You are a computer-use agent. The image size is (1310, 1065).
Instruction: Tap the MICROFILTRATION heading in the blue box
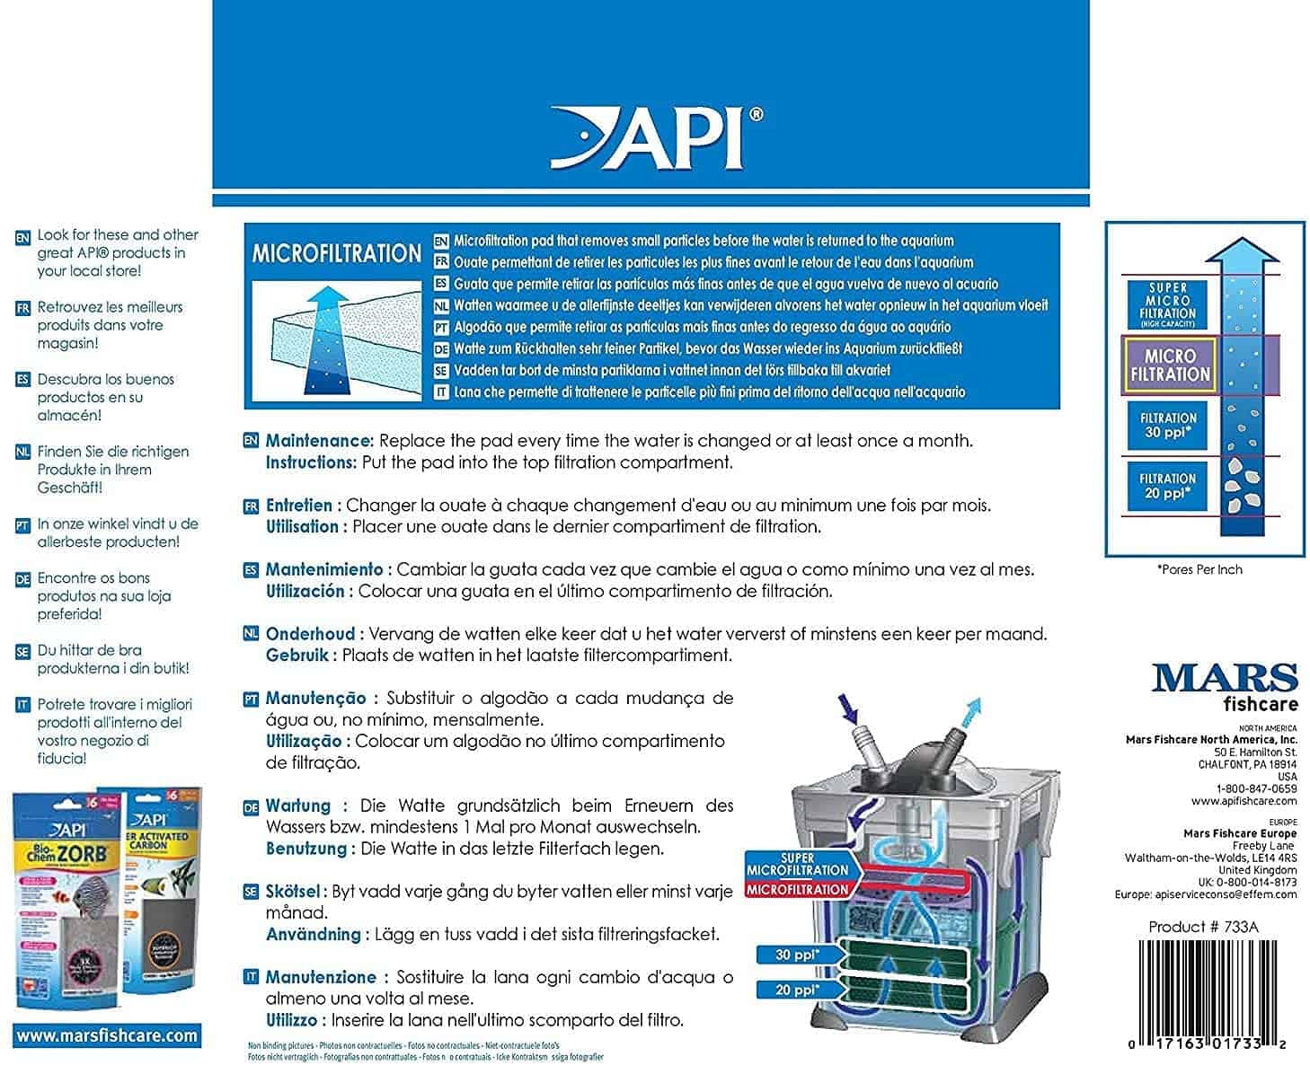click(x=335, y=254)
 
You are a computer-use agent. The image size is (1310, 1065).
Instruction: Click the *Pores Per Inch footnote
click(x=1199, y=569)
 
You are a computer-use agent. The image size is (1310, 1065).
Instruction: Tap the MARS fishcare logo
click(x=1225, y=686)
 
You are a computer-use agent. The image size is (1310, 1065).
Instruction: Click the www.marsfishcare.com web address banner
click(x=106, y=1035)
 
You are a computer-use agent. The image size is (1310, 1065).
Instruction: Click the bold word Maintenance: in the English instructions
click(x=319, y=441)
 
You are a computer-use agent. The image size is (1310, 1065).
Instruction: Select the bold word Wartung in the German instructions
click(x=298, y=805)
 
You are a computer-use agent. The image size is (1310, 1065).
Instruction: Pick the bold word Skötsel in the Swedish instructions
click(x=293, y=892)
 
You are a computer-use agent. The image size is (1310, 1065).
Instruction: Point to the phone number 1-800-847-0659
click(x=1256, y=788)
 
